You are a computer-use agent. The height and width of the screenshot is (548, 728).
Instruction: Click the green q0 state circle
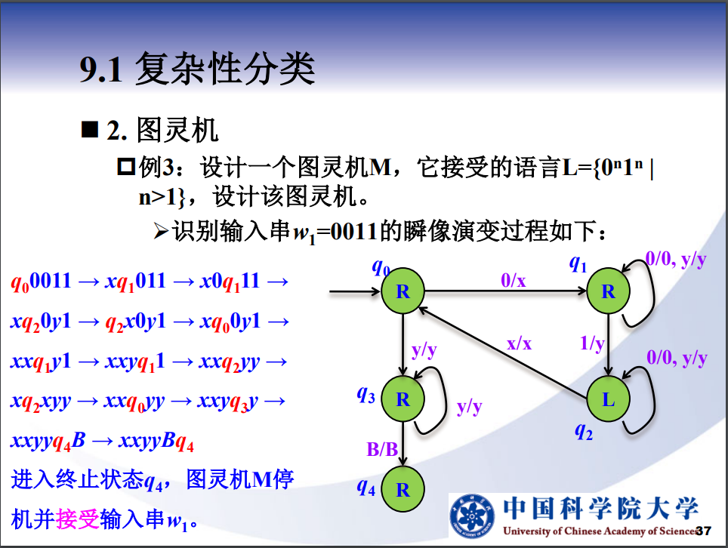403,291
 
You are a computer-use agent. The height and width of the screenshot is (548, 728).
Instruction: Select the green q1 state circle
608,291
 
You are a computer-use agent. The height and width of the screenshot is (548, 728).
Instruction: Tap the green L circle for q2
608,399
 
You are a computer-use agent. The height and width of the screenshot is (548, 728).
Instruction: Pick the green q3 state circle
403,399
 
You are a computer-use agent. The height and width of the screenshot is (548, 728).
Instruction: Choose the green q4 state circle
403,489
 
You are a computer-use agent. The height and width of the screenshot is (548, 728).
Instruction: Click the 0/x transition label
514,280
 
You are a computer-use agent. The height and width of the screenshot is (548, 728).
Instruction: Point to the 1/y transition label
592,343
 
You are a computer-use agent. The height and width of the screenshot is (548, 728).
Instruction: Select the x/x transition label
519,343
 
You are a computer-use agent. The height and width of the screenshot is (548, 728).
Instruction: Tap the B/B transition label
382,449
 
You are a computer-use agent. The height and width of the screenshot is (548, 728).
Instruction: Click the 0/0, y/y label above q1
676,260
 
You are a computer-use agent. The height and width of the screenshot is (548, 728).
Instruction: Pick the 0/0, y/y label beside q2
677,357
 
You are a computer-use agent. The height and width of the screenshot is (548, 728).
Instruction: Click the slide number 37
704,531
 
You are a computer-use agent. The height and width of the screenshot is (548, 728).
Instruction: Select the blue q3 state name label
366,393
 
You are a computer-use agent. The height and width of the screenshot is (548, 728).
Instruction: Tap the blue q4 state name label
366,488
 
